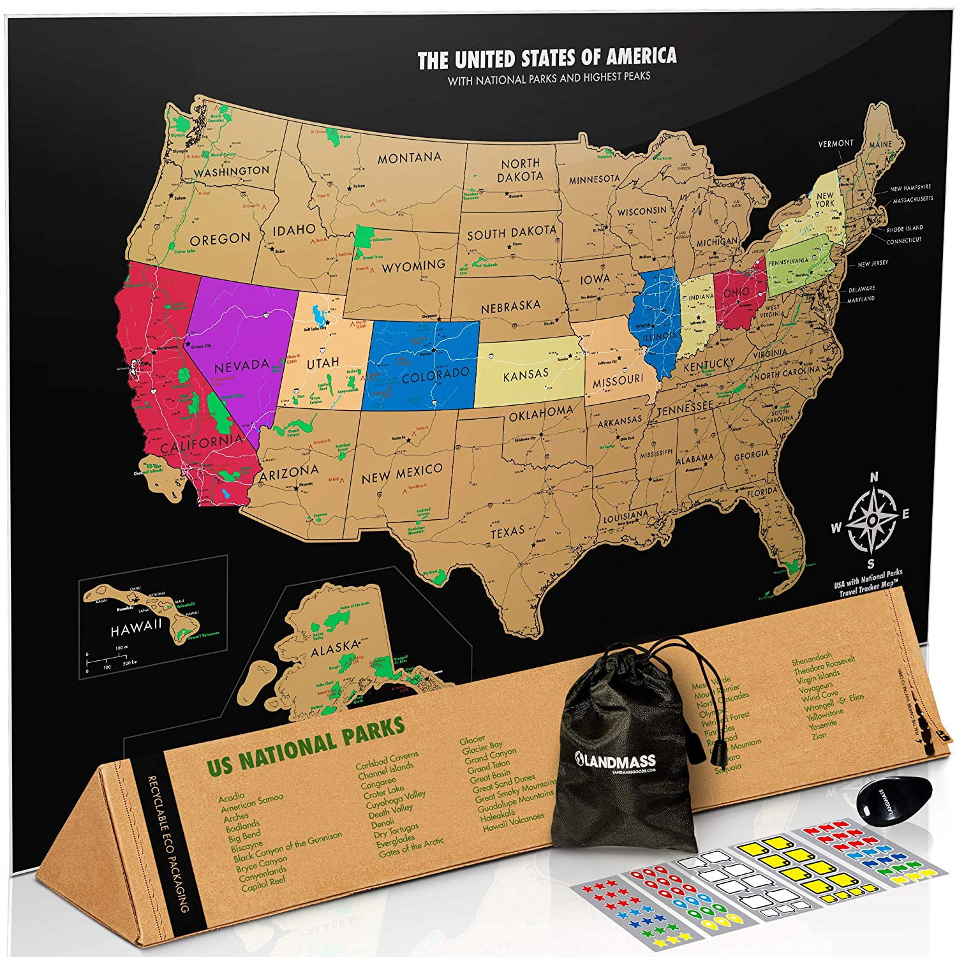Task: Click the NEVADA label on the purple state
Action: pos(241,366)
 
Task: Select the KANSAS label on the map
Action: pos(526,375)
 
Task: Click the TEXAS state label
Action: pos(507,531)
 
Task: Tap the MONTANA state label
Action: pos(409,158)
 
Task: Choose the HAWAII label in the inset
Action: pos(136,628)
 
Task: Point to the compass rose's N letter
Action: pos(874,477)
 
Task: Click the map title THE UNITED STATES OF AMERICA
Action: pos(547,59)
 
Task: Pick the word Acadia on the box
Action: pos(231,798)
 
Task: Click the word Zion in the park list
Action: pos(819,736)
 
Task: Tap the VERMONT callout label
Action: pos(835,144)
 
